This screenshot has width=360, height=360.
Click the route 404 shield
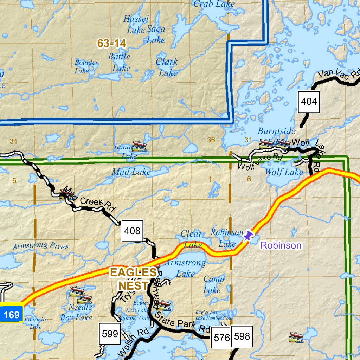pyautogui.click(x=309, y=102)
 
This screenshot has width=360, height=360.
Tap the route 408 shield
pyautogui.click(x=132, y=231)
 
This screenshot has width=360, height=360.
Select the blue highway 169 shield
pyautogui.click(x=12, y=314)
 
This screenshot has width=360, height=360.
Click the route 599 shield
pyautogui.click(x=109, y=333)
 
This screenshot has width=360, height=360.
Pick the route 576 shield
pyautogui.click(x=222, y=338)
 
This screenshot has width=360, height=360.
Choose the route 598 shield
pyautogui.click(x=242, y=336)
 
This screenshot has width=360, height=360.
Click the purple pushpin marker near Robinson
pyautogui.click(x=249, y=236)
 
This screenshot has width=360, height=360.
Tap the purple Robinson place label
pyautogui.click(x=281, y=245)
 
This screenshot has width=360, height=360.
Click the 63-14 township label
pyautogui.click(x=112, y=43)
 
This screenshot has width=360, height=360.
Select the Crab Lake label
pyautogui.click(x=214, y=4)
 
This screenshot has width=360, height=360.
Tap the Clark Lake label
pyautogui.click(x=167, y=67)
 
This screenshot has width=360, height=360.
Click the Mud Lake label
pyautogui.click(x=131, y=172)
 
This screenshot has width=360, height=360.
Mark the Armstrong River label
pyautogui.click(x=40, y=245)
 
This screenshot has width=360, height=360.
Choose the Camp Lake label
pyautogui.click(x=213, y=284)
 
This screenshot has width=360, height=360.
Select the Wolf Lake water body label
pyautogui.click(x=284, y=172)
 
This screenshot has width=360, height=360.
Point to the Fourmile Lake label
pyautogui.click(x=36, y=323)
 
